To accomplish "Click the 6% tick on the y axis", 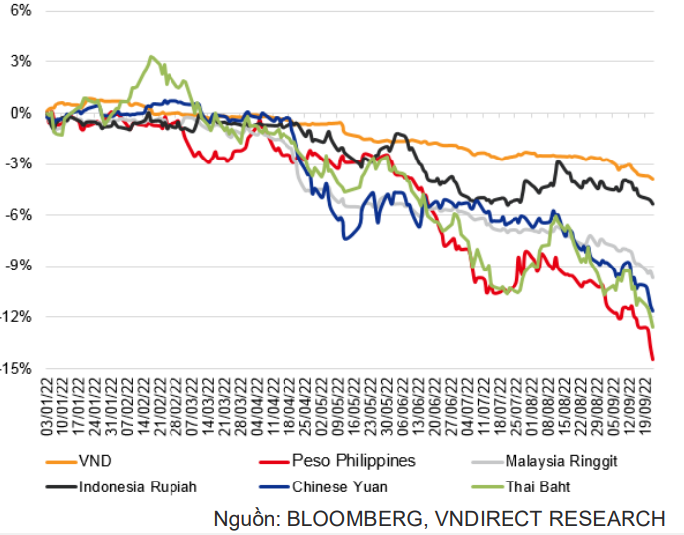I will click(20, 11).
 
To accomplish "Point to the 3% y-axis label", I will click(20, 61).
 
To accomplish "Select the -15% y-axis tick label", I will click(17, 368).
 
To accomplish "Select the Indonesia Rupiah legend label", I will click(138, 486).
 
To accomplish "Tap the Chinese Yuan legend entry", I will click(340, 486).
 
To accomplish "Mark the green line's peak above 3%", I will click(151, 57).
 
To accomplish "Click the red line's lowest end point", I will click(653, 359).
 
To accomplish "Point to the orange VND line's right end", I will click(652, 178).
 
